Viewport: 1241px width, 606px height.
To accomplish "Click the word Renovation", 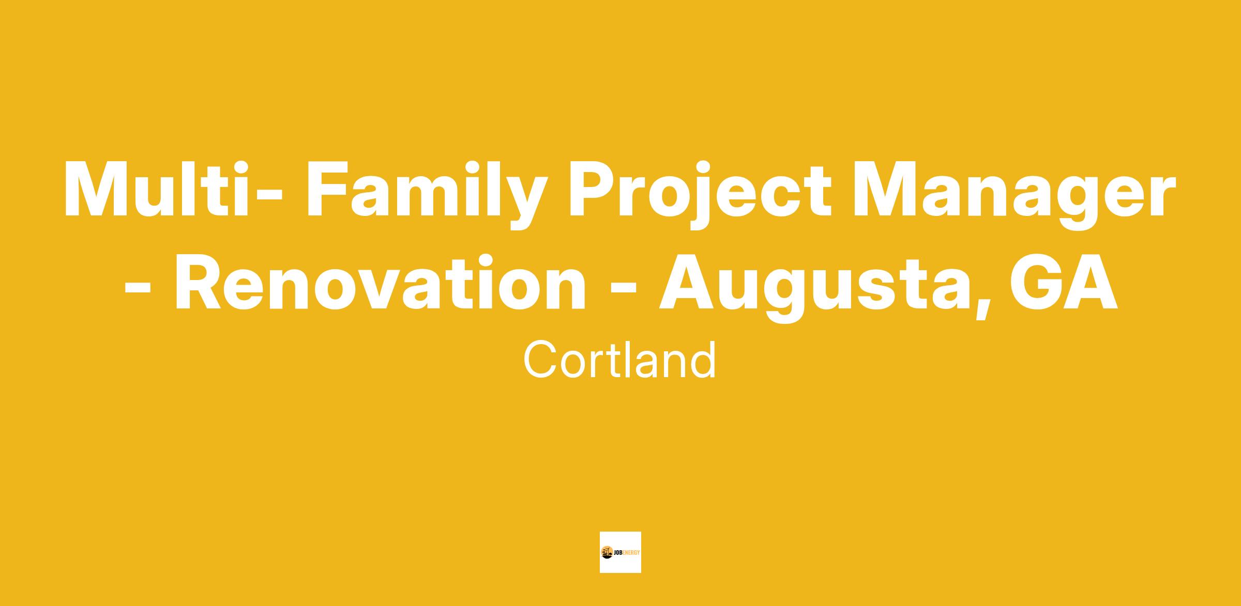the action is coord(381,282).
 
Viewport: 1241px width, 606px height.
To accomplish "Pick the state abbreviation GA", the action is coord(1065,282).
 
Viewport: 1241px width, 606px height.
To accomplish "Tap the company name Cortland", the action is coord(620,360).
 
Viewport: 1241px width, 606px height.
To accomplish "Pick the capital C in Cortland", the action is coord(541,360).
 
